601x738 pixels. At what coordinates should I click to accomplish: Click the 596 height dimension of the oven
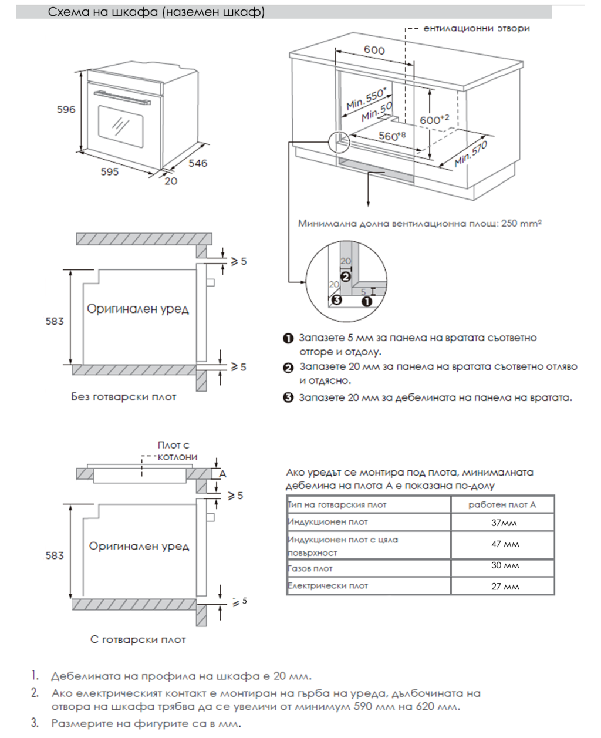[x=66, y=109]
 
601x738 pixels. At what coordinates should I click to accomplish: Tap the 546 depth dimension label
[x=198, y=163]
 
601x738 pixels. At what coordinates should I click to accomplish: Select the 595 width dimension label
[x=109, y=171]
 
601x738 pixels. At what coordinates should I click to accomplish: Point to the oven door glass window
[x=120, y=126]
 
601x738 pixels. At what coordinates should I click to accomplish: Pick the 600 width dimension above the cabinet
[x=374, y=50]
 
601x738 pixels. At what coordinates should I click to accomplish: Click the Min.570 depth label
[x=470, y=154]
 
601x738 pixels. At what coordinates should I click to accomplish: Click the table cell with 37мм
[x=504, y=523]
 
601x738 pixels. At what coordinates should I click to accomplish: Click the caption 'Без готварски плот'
[x=124, y=397]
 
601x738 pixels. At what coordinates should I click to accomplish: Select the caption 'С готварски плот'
[x=138, y=639]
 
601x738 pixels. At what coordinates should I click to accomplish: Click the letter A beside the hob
[x=222, y=474]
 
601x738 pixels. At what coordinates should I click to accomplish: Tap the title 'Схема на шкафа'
[x=156, y=12]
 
